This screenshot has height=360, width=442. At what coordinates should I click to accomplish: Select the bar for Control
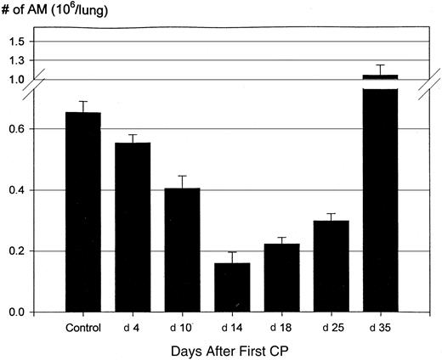coord(82,212)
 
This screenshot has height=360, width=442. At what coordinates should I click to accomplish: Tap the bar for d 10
coord(182,250)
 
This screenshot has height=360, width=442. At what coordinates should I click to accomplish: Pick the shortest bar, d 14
coord(231,288)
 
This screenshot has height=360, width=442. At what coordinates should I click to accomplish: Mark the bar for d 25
coord(331,267)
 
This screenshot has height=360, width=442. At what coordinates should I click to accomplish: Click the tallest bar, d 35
coord(380,195)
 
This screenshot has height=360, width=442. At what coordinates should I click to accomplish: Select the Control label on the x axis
coord(82,327)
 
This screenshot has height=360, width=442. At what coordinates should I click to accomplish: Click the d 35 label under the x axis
coord(380,327)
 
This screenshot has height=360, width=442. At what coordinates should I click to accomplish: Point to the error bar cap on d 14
coord(231,252)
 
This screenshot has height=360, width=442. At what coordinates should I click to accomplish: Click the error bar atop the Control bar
coord(82,102)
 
